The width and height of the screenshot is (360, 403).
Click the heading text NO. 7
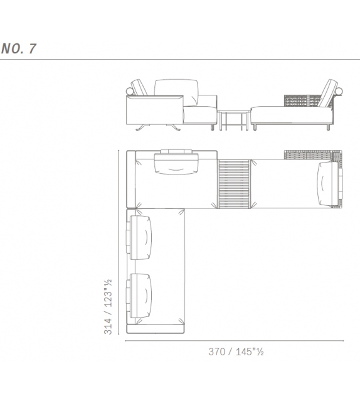18,48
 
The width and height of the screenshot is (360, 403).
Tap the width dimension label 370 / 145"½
236,352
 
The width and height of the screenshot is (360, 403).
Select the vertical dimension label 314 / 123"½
108,306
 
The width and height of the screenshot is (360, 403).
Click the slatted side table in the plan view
234,184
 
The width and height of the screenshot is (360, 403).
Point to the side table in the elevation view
234,121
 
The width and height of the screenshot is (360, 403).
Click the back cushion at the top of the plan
176,163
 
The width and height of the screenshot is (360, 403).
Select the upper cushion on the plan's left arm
139,237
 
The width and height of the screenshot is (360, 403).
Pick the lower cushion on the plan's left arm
139,296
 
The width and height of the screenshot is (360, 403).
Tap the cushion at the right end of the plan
330,184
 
